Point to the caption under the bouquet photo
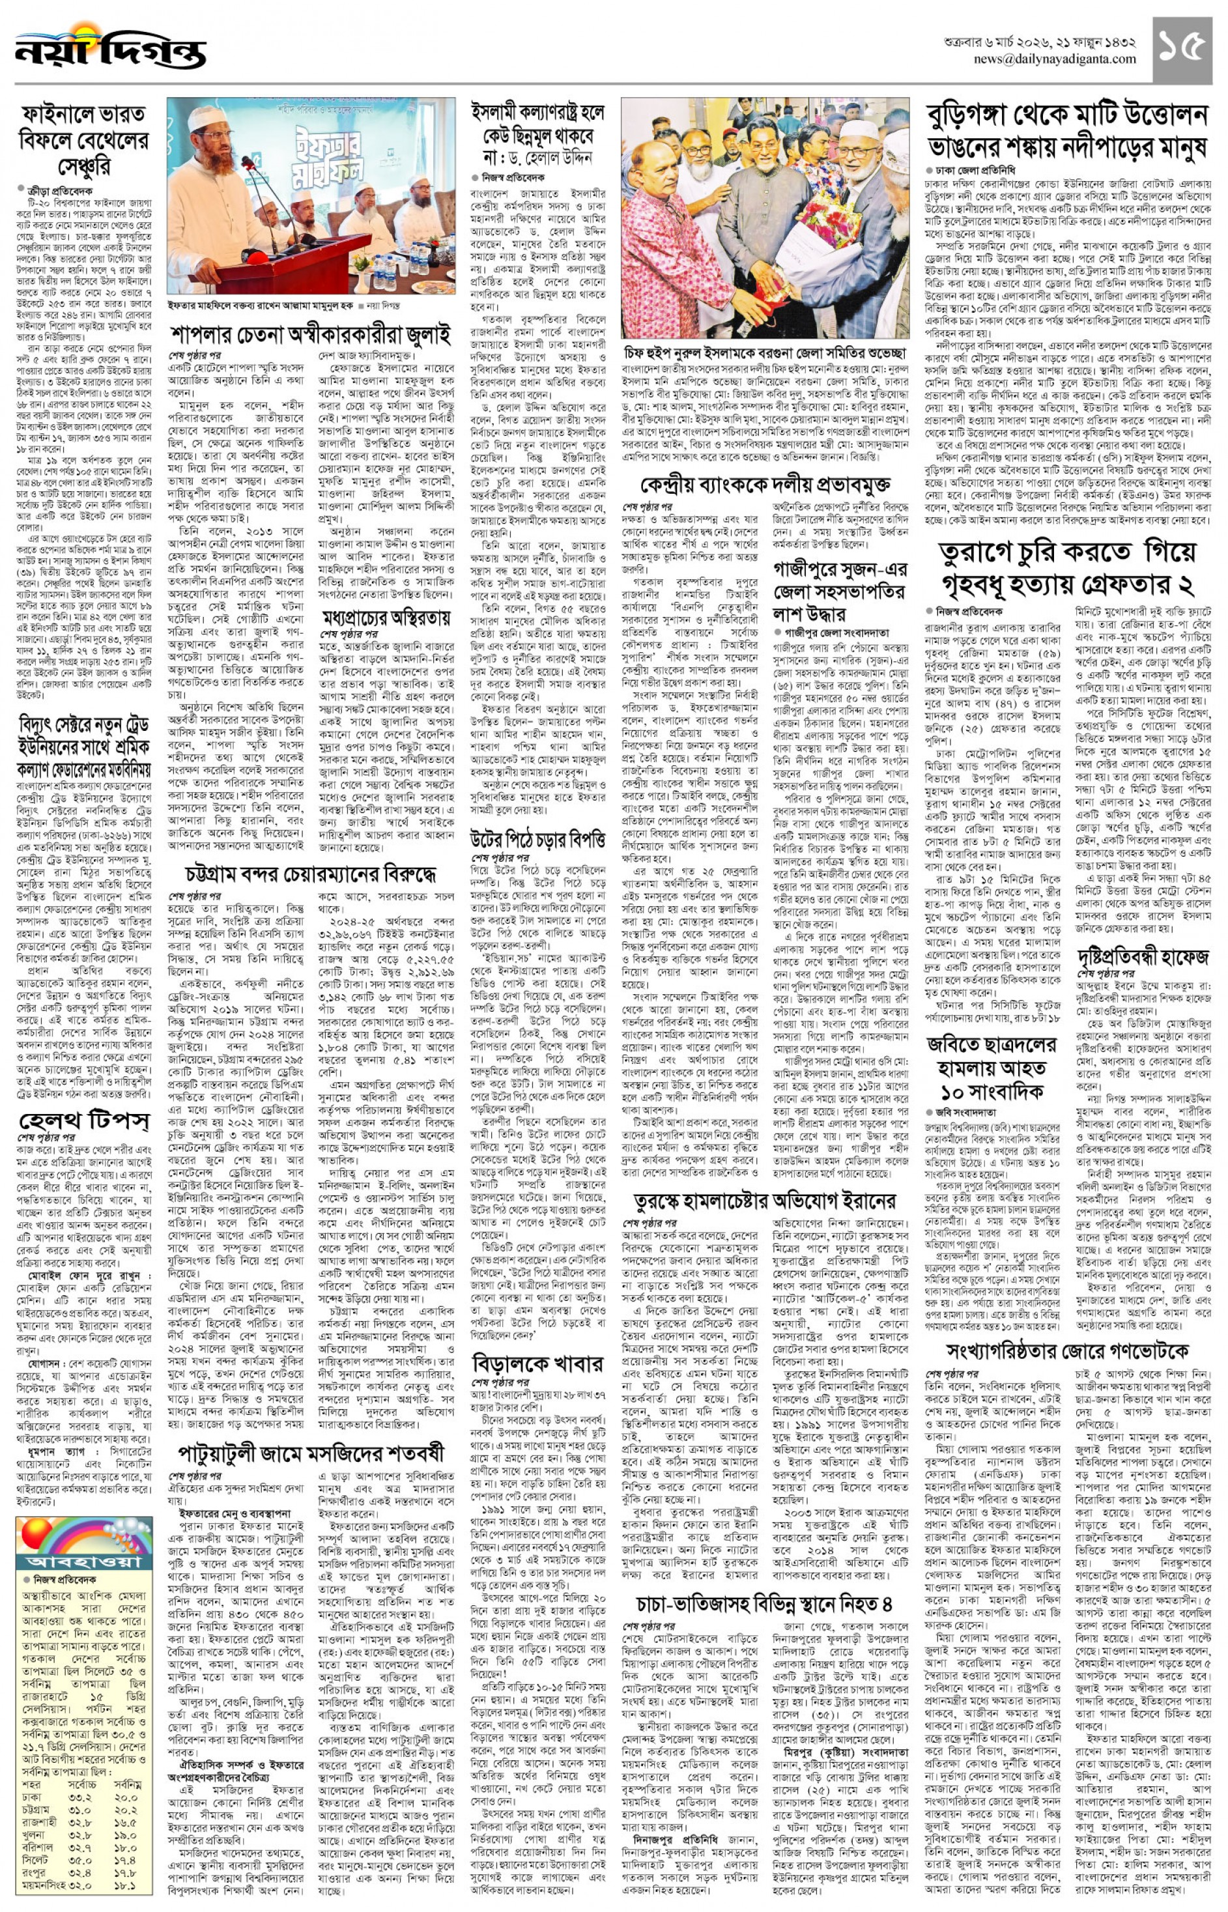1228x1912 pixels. coord(765,352)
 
